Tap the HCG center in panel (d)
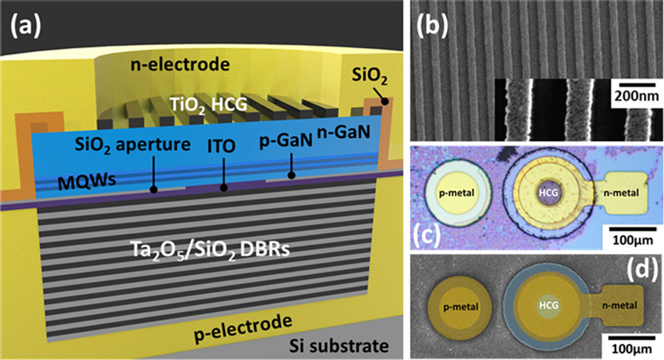pyautogui.click(x=547, y=304)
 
